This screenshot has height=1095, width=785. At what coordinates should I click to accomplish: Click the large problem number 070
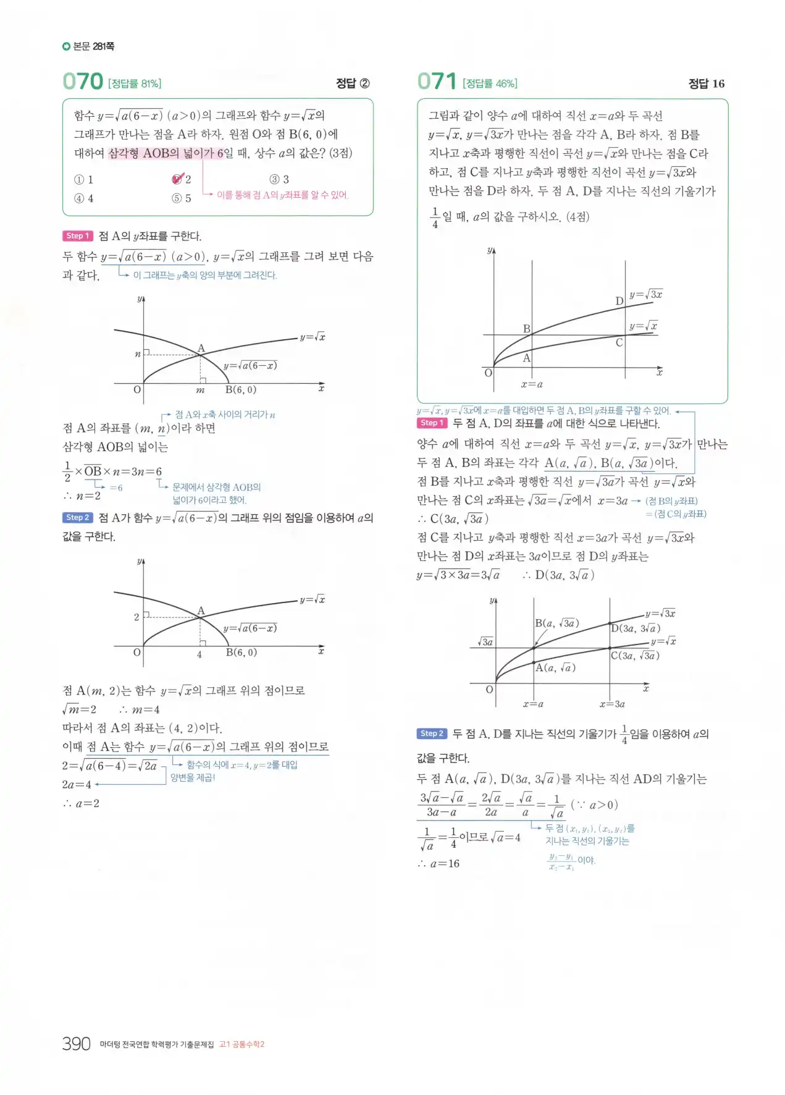pyautogui.click(x=83, y=82)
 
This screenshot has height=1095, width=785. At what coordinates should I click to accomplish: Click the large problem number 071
pyautogui.click(x=437, y=82)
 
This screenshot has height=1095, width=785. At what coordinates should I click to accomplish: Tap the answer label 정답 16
pyautogui.click(x=706, y=83)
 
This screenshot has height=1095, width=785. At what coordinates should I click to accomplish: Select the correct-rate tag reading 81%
pyautogui.click(x=135, y=83)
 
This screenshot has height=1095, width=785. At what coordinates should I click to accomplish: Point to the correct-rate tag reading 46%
pyautogui.click(x=490, y=83)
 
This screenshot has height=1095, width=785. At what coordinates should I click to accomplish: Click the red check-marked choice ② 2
pyautogui.click(x=181, y=179)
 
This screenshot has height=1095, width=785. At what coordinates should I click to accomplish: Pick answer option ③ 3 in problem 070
pyautogui.click(x=279, y=179)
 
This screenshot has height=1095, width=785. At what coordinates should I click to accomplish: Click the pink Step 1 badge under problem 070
pyautogui.click(x=77, y=236)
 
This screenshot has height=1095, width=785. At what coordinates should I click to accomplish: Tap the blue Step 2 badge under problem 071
pyautogui.click(x=432, y=734)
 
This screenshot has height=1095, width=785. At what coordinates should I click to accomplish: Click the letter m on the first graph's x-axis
pyautogui.click(x=200, y=390)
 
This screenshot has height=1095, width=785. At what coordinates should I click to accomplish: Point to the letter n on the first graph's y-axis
pyautogui.click(x=137, y=354)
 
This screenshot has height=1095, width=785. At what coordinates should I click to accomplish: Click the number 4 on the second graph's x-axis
pyautogui.click(x=199, y=654)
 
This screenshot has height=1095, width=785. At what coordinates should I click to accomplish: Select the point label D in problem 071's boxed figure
pyautogui.click(x=619, y=301)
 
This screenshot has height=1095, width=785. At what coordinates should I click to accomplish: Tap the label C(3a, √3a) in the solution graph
pyautogui.click(x=635, y=656)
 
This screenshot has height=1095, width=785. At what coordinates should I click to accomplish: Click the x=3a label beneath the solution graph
pyautogui.click(x=611, y=704)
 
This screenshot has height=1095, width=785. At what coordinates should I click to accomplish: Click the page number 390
pyautogui.click(x=77, y=1044)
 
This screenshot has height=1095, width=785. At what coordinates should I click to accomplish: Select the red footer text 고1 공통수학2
pyautogui.click(x=242, y=1044)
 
